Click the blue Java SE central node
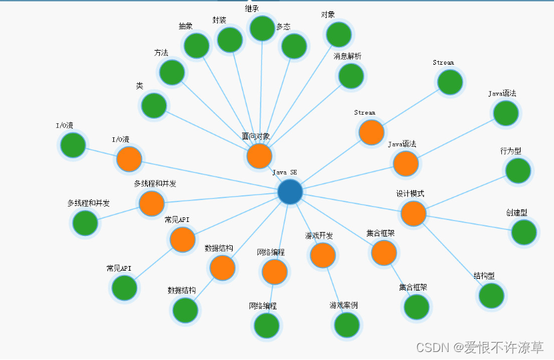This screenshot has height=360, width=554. [x=290, y=192]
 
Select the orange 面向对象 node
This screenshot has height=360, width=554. [x=259, y=156]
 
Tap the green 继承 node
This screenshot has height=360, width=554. [x=262, y=28]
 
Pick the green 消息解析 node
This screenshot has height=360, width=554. [x=351, y=76]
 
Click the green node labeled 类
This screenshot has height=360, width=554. [x=154, y=105]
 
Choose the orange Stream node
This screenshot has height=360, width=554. [x=371, y=133]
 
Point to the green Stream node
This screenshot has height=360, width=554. [x=450, y=82]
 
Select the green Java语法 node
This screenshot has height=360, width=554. [x=505, y=113]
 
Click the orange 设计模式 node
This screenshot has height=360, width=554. [x=413, y=213]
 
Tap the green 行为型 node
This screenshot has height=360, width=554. [x=518, y=171]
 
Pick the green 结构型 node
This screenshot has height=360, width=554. [x=491, y=295]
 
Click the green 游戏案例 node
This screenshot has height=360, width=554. [x=347, y=325]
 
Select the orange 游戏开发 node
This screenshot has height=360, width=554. [x=323, y=255]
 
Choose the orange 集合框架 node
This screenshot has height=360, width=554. [x=384, y=253]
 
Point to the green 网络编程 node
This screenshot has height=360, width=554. [x=267, y=325]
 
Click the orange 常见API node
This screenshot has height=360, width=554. [x=182, y=239]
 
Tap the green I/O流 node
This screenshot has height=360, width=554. [x=73, y=145]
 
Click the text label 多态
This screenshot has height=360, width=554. [x=283, y=27]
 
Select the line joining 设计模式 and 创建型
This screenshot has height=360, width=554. [x=469, y=223]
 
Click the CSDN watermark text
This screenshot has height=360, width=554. [x=479, y=347]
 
